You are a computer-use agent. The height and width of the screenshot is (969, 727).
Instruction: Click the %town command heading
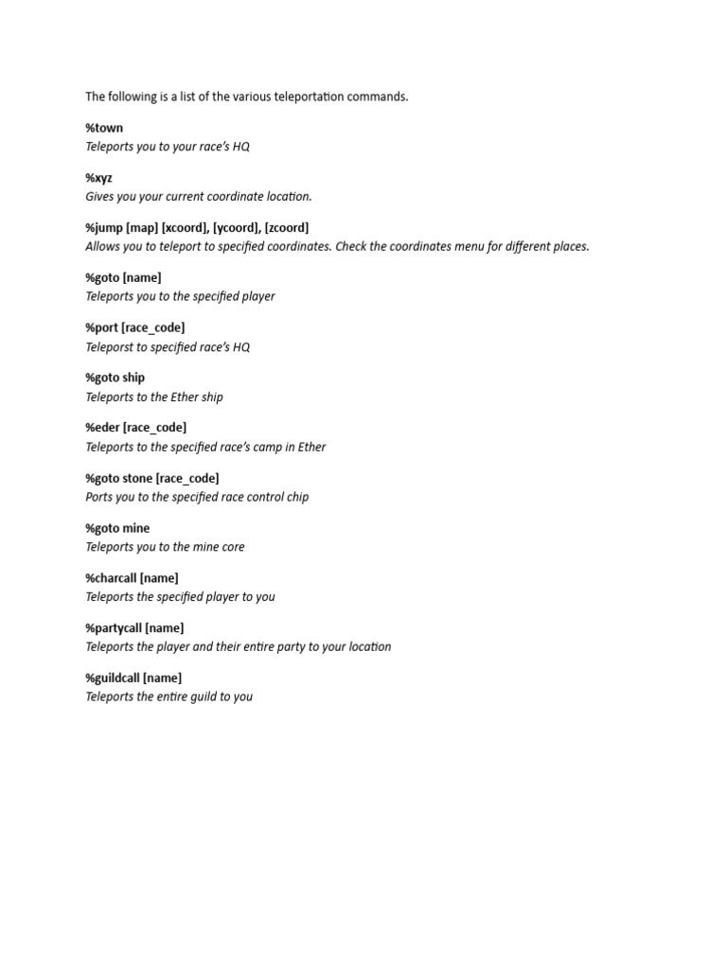104,128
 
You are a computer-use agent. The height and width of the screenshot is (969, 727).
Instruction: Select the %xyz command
98,178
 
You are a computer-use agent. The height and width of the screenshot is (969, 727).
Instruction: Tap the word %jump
104,228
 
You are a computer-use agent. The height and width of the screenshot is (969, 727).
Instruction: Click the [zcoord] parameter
287,228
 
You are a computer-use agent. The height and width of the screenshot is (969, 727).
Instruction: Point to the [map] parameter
142,228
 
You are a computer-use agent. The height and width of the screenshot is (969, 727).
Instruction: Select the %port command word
102,327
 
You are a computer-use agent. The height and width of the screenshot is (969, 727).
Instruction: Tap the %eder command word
102,428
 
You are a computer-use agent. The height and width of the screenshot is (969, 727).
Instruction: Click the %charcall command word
111,578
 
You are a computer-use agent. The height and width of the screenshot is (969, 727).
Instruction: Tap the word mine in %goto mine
136,528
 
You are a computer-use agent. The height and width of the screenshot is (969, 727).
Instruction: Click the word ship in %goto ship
133,378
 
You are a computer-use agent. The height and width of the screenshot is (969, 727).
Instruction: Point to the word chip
296,497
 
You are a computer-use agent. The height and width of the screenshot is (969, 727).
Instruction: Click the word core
233,547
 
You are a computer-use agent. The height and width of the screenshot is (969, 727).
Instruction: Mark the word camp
268,447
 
